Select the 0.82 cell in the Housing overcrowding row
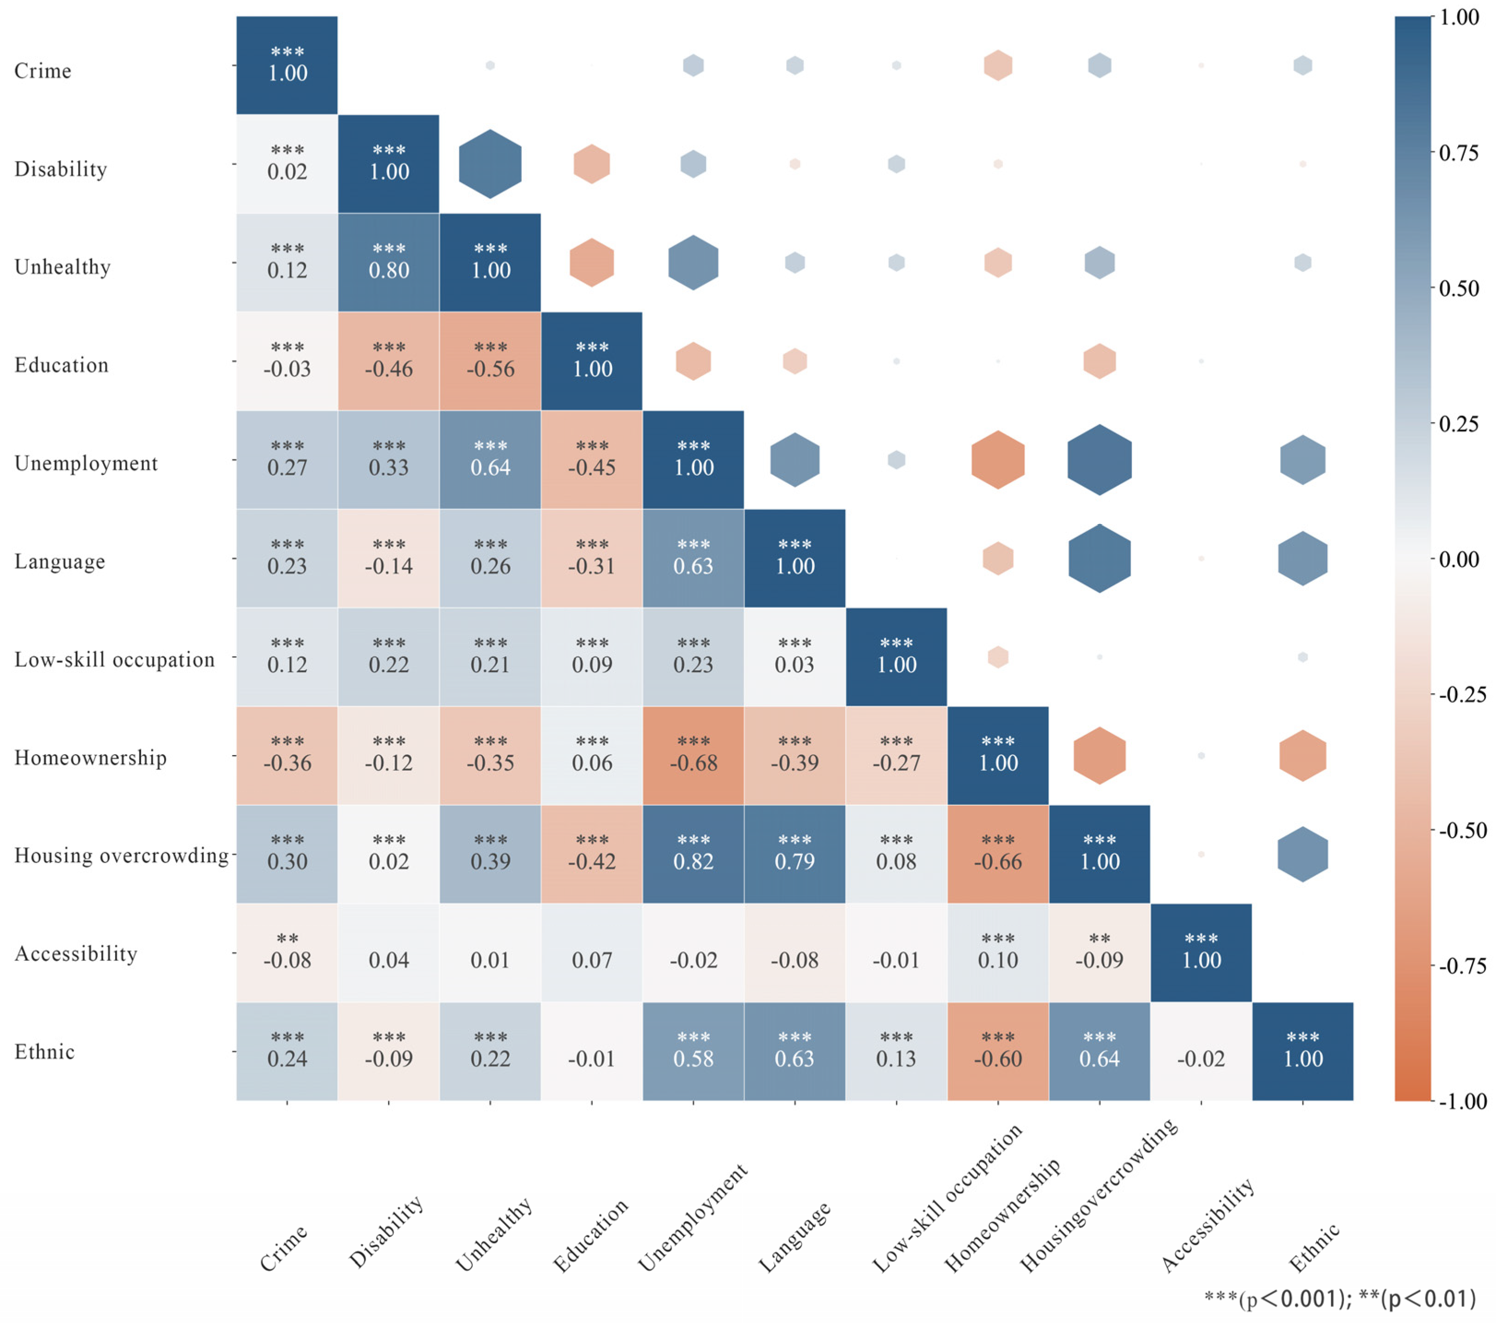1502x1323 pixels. click(693, 854)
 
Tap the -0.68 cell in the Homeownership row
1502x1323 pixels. click(693, 756)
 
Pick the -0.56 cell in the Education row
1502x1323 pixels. click(490, 361)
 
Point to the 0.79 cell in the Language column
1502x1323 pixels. click(795, 854)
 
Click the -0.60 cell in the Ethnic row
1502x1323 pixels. click(998, 1051)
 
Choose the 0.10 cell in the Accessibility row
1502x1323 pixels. click(998, 952)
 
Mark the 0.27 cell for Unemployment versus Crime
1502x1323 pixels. click(287, 460)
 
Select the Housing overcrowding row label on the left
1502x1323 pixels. click(121, 856)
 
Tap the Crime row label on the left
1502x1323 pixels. click(42, 71)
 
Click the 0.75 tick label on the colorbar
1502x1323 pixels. click(1459, 153)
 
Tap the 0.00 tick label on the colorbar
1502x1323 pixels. click(1459, 559)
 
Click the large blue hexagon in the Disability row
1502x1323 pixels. click(490, 164)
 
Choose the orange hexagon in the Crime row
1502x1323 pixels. click(998, 65)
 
